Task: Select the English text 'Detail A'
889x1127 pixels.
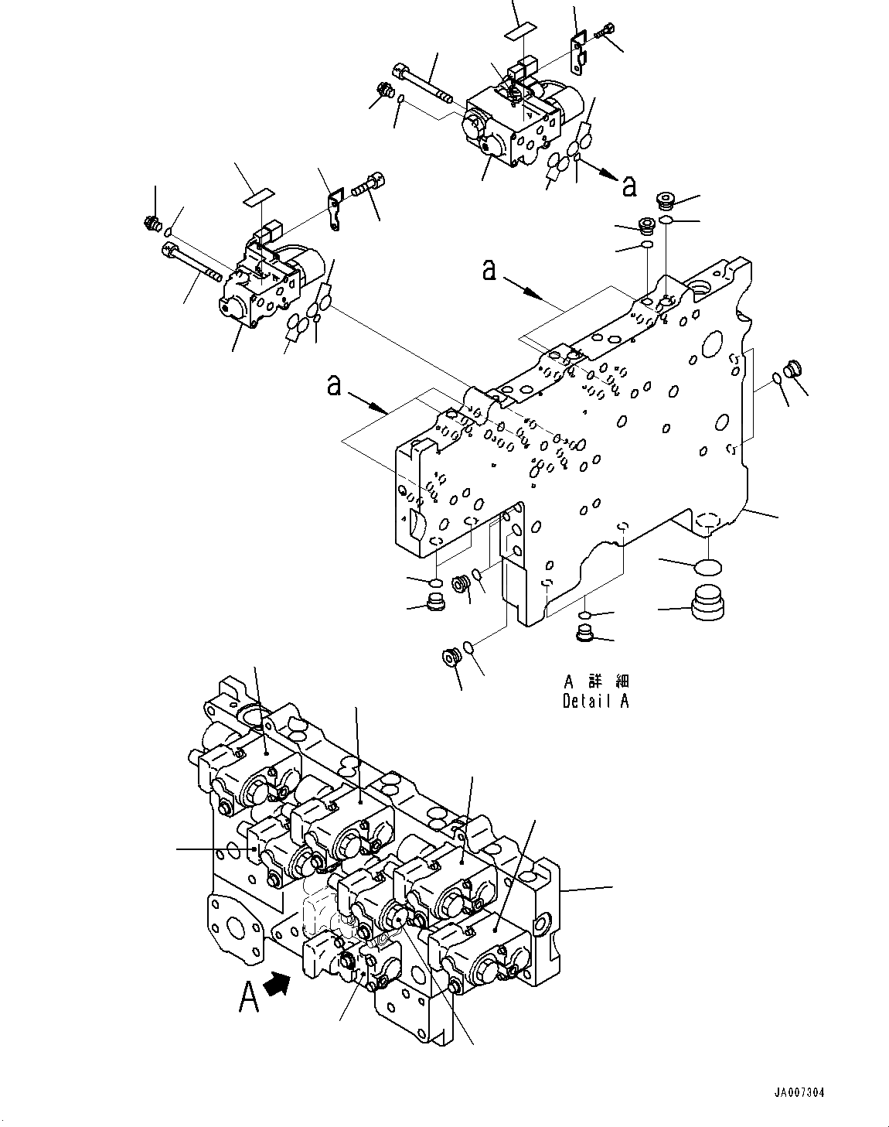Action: tap(595, 702)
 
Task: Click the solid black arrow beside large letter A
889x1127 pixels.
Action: tap(277, 984)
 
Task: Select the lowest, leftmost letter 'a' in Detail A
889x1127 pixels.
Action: tap(334, 384)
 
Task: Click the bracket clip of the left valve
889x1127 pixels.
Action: tap(333, 210)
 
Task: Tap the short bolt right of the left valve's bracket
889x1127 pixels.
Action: tap(366, 185)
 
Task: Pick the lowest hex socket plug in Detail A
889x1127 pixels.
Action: tap(451, 657)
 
